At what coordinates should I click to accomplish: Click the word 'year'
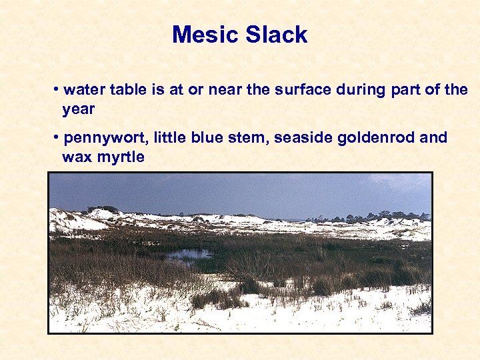[79, 109]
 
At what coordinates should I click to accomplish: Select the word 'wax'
[76, 158]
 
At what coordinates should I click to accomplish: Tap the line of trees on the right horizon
[373, 217]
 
